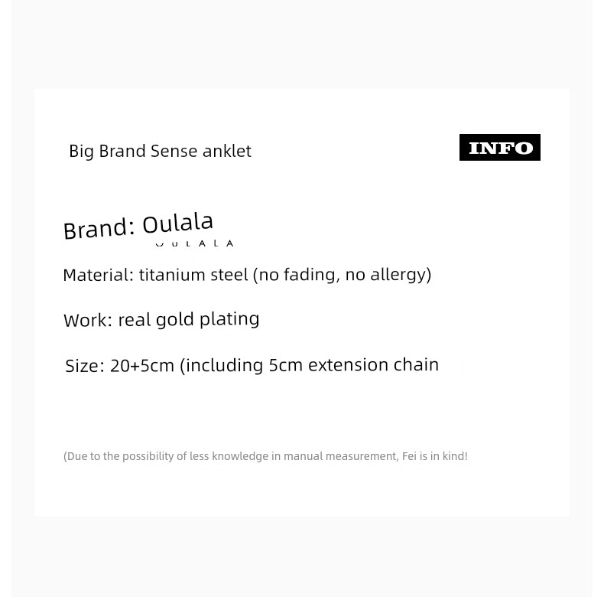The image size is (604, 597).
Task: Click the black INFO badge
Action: [499, 147]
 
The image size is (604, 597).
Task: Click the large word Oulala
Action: [177, 223]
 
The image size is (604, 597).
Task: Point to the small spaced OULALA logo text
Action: [194, 243]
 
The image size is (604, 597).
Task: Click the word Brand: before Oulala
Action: [99, 229]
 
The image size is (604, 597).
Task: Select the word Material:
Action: [98, 275]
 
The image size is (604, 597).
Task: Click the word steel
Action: [229, 275]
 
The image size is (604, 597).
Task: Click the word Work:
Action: [88, 320]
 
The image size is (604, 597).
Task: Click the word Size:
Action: [85, 366]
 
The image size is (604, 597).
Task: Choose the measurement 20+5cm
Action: [142, 366]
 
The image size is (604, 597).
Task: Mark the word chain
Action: [417, 364]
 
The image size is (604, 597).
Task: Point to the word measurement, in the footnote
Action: [362, 456]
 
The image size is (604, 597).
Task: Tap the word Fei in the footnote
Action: [409, 456]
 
